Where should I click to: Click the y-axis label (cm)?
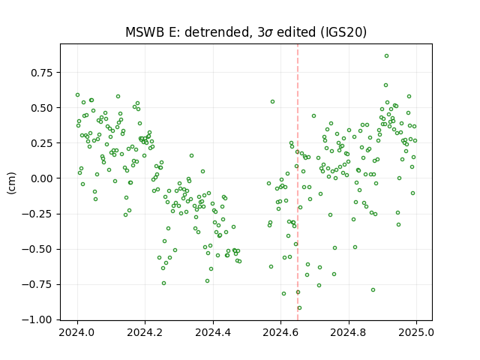pyautogui.click(x=12, y=183)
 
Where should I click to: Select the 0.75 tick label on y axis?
pyautogui.click(x=42, y=73)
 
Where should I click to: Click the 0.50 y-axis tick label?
pyautogui.click(x=42, y=108)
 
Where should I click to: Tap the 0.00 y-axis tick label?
pyautogui.click(x=42, y=178)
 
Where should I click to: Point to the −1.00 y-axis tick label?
pyautogui.click(x=37, y=320)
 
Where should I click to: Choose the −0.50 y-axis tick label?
pyautogui.click(x=37, y=249)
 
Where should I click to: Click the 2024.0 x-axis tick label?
pyautogui.click(x=77, y=332)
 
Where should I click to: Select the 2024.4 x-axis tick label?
pyautogui.click(x=213, y=332)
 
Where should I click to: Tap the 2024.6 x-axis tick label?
pyautogui.click(x=280, y=332)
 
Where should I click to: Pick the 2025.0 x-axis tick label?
pyautogui.click(x=416, y=332)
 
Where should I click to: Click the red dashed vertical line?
pyautogui.click(x=298, y=182)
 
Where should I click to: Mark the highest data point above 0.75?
pyautogui.click(x=387, y=56)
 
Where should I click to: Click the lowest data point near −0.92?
pyautogui.click(x=299, y=308)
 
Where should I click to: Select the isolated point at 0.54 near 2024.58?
pyautogui.click(x=272, y=102)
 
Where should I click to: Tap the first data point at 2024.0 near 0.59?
pyautogui.click(x=77, y=95)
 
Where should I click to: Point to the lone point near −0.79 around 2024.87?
pyautogui.click(x=373, y=290)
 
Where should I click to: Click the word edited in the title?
pyautogui.click(x=296, y=32)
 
